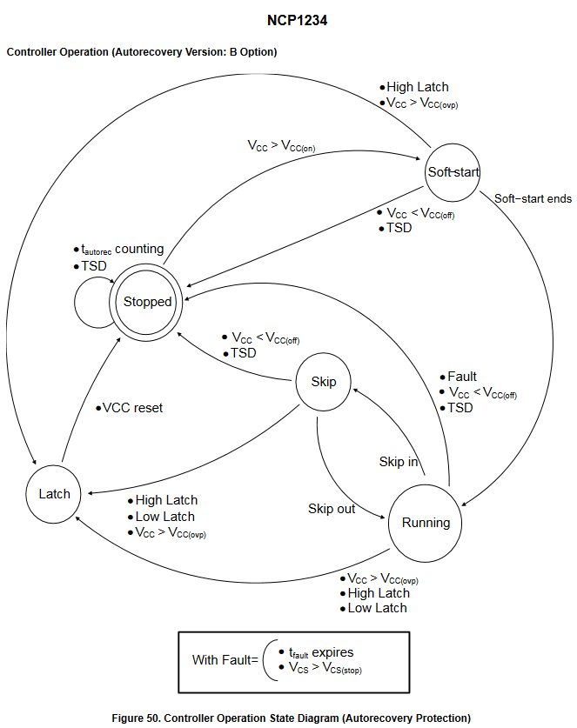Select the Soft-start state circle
coord(453,171)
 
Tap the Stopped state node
coord(148,302)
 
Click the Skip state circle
coord(324,382)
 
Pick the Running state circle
coord(426,523)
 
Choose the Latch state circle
coord(54,494)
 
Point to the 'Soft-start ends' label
coord(533,199)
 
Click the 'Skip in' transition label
coord(398,462)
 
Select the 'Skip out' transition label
coord(332,509)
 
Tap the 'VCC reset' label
coord(132,408)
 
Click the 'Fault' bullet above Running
coord(462,377)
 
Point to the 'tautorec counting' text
coord(122,250)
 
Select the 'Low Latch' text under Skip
coord(165,517)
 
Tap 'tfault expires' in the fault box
coord(321,652)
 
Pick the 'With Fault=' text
coord(225,660)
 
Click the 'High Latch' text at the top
coord(418,87)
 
